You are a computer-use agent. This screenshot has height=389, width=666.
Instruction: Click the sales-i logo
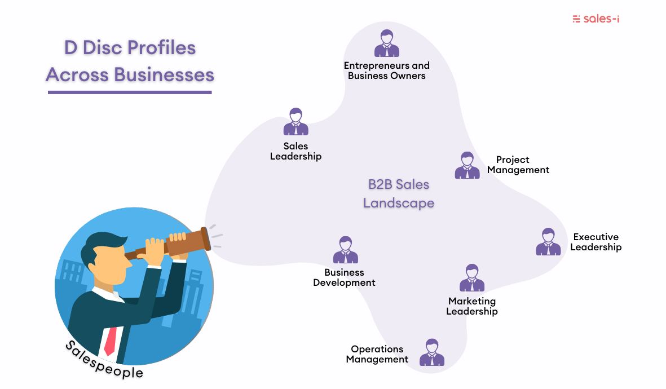point(596,19)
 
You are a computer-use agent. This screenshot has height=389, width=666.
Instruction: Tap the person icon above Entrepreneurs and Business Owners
point(386,43)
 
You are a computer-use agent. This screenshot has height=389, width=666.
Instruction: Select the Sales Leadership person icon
point(295,122)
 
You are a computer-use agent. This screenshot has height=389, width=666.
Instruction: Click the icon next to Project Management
point(467,165)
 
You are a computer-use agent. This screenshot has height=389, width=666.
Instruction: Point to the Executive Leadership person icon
point(548,242)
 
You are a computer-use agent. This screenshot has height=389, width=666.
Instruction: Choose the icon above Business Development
point(345,250)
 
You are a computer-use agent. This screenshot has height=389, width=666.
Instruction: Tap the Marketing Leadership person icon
point(471,278)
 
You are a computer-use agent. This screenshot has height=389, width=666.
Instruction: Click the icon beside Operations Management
point(431,352)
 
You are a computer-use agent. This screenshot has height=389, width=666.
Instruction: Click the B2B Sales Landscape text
point(398,193)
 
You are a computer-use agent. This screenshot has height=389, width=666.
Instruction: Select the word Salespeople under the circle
point(104,361)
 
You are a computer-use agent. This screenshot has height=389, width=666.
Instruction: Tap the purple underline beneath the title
point(130,92)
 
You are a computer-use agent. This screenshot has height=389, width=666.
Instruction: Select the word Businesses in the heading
point(164,74)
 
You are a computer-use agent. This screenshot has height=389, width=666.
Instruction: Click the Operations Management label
point(377,354)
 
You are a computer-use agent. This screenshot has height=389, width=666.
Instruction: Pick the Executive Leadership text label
point(596,242)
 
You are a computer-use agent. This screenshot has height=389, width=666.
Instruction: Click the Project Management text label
point(518,165)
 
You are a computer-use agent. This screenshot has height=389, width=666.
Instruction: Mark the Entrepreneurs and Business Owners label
point(386,70)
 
